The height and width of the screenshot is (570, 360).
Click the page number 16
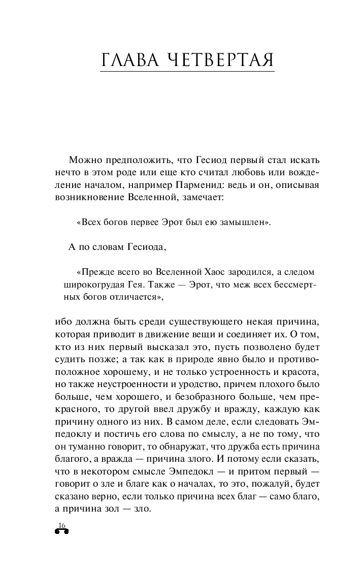tap(62, 525)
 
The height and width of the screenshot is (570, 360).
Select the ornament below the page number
tap(61, 531)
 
